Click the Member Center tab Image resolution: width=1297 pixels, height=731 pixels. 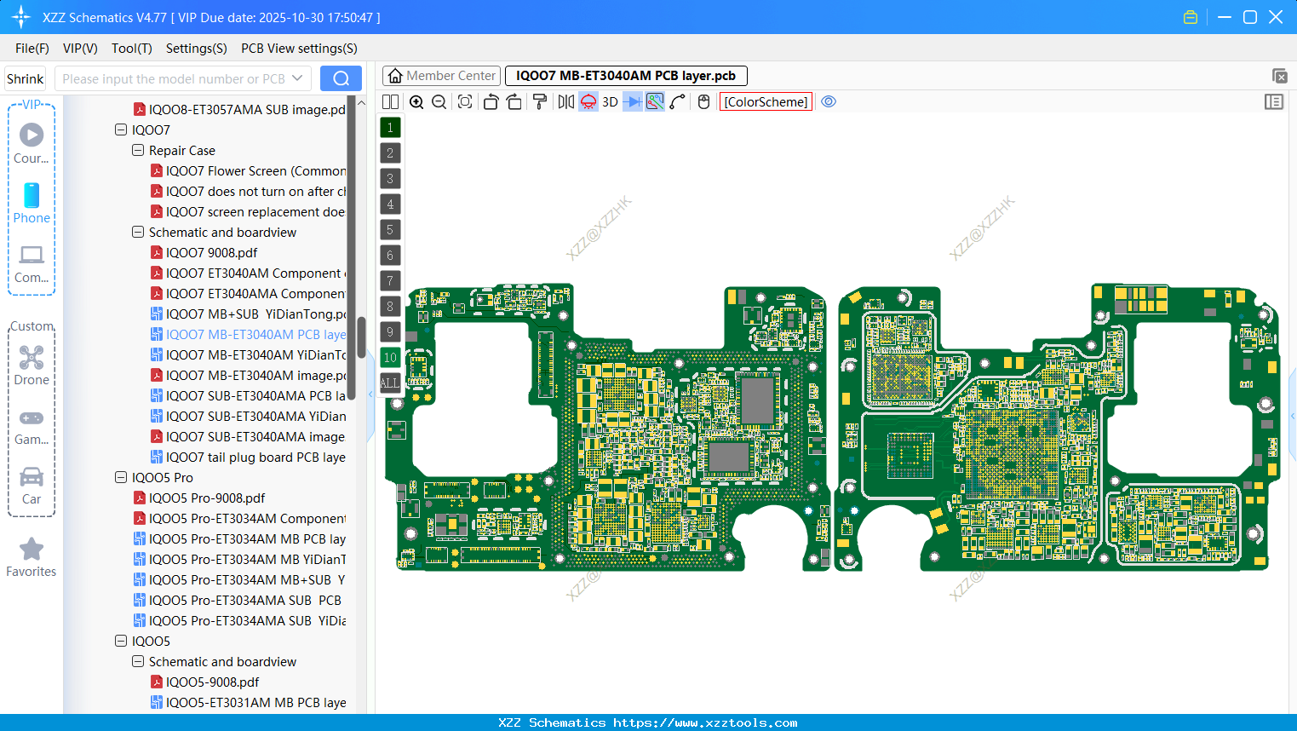click(441, 76)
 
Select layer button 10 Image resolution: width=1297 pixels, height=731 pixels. click(390, 358)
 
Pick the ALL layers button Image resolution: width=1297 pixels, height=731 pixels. click(390, 383)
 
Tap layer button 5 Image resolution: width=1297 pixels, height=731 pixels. click(390, 230)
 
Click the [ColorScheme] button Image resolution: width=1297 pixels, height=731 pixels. click(766, 102)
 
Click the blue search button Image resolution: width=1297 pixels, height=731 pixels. click(341, 78)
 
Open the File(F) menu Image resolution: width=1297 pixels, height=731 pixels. click(32, 49)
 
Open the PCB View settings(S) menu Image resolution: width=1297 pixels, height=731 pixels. click(299, 49)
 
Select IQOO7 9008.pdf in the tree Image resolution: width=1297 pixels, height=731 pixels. click(211, 253)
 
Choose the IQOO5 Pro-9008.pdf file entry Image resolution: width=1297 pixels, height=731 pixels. click(207, 498)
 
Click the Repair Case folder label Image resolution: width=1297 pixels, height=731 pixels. click(182, 151)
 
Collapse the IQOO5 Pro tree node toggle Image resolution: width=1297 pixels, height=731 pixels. click(121, 478)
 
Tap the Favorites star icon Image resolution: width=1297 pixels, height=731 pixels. click(32, 550)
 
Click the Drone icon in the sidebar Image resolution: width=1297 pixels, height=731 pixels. click(32, 359)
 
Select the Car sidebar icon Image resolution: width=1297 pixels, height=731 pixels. click(32, 478)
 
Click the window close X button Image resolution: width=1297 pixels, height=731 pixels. click(1276, 17)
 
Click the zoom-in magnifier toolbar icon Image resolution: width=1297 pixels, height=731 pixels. click(416, 102)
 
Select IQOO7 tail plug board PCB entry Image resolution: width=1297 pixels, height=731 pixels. click(255, 458)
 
